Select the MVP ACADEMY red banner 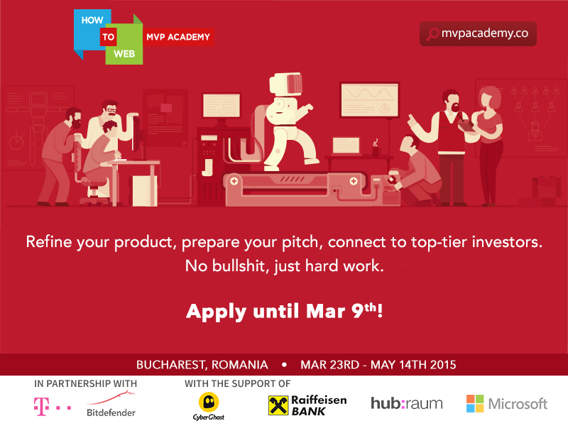178,37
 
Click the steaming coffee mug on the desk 376,149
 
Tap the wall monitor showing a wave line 368,99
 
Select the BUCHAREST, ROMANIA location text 202,365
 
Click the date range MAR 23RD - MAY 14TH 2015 378,365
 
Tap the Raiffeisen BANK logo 307,405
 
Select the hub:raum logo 406,403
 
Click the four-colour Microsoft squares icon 475,403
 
